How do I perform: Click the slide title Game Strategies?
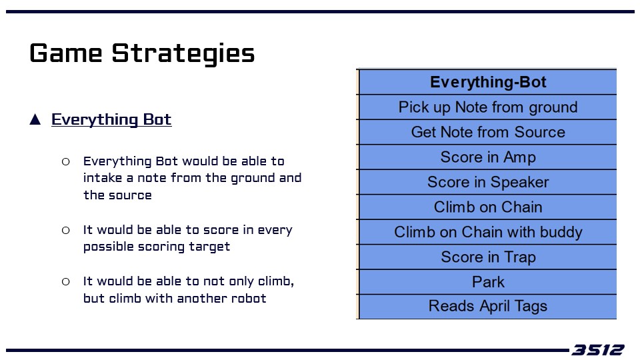point(142,53)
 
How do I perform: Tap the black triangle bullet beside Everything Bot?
point(35,119)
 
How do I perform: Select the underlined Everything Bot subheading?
point(111,119)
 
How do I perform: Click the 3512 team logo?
point(597,350)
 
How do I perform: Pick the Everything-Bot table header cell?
point(488,82)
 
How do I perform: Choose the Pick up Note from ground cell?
point(488,107)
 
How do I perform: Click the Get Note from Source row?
point(488,132)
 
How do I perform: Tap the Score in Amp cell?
point(488,157)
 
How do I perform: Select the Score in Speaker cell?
point(488,182)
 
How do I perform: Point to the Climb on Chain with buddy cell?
point(488,232)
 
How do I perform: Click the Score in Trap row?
point(488,257)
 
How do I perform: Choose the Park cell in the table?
point(488,282)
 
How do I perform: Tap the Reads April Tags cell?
point(488,307)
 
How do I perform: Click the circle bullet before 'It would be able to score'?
point(66,231)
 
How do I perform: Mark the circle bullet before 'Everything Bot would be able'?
point(66,162)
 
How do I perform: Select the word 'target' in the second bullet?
point(209,247)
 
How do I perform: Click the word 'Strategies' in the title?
point(183,53)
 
